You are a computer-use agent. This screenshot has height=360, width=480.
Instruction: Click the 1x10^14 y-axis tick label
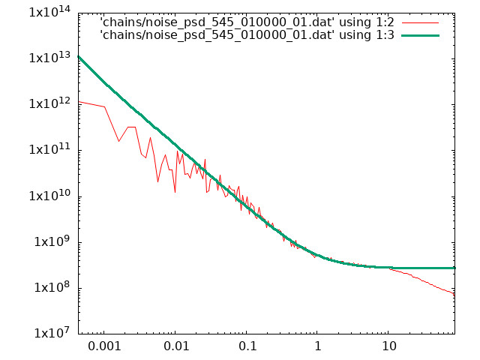(49, 12)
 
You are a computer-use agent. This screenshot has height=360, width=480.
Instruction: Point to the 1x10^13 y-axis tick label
(49, 58)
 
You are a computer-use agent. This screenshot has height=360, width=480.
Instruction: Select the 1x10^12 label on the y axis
(49, 103)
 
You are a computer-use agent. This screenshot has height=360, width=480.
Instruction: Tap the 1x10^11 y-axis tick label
(49, 149)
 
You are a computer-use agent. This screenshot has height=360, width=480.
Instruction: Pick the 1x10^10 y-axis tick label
(49, 195)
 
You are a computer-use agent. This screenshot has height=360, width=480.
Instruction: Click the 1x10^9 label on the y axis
(52, 241)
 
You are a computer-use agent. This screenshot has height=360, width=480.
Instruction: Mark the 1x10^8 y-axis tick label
(52, 287)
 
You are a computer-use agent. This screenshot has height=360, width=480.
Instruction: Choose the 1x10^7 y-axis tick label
(52, 333)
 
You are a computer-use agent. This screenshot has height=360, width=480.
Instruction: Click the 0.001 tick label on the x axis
(104, 346)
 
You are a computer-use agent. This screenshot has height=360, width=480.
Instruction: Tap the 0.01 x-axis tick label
(176, 346)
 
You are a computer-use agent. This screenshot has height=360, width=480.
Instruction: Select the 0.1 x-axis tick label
(247, 346)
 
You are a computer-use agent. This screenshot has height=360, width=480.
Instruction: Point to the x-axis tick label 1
(318, 346)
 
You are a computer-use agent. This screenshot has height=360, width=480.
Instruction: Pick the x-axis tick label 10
(388, 346)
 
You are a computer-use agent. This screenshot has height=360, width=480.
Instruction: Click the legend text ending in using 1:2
(247, 22)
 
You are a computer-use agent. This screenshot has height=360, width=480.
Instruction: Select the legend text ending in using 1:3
(247, 35)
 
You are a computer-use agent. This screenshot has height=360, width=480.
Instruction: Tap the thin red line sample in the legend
(420, 22)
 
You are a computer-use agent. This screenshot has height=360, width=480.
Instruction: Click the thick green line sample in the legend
(420, 35)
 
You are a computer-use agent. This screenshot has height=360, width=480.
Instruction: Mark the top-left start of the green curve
(79, 57)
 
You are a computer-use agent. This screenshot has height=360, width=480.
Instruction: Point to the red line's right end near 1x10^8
(454, 295)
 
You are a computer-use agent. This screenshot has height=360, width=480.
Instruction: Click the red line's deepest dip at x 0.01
(175, 192)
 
